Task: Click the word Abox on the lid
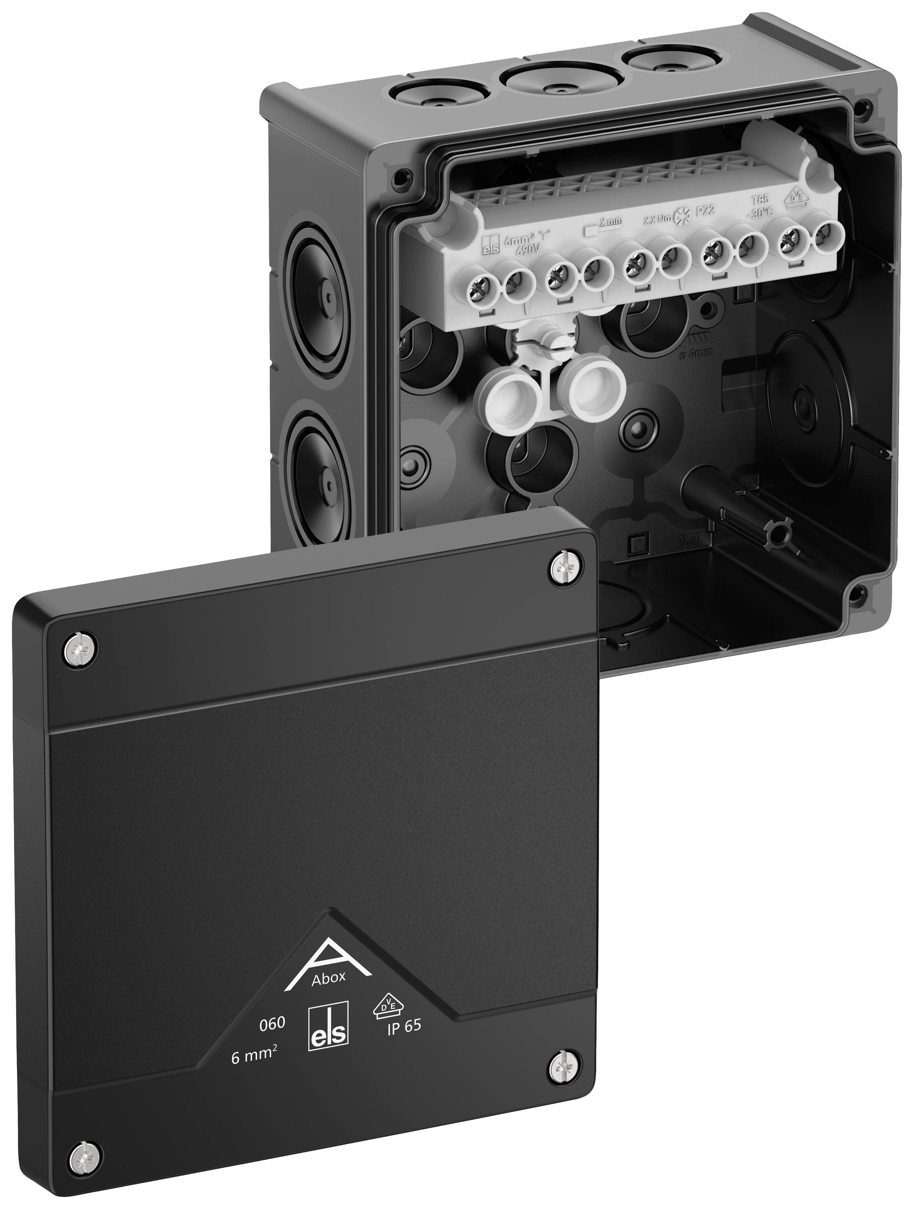coord(328,978)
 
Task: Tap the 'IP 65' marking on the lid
coord(404,1026)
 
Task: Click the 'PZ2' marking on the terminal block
coord(705,212)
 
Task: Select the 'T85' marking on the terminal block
coord(760,200)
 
